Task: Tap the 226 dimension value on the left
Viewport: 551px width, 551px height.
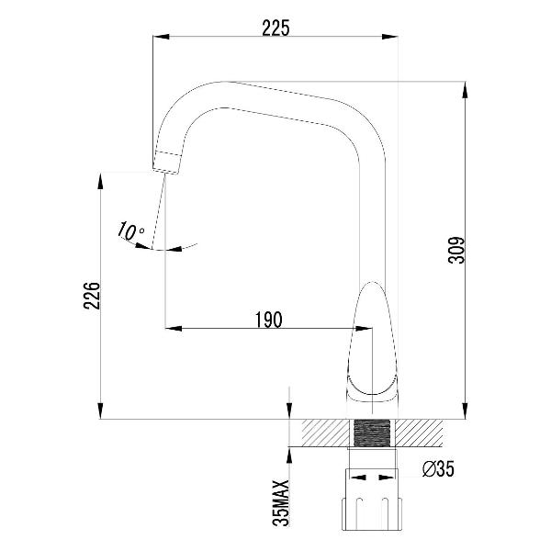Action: click(90, 296)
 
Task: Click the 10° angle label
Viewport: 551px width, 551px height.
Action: click(129, 231)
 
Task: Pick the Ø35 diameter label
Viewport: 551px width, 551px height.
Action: click(437, 469)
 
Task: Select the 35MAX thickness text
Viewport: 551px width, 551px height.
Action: click(282, 501)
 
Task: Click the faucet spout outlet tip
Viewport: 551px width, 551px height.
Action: click(165, 163)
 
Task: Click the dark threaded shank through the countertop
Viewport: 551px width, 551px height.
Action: click(373, 433)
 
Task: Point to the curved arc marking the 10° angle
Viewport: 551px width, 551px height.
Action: click(174, 247)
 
